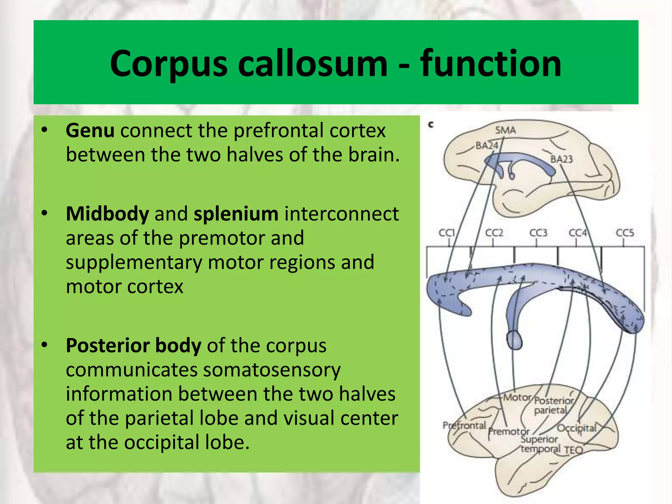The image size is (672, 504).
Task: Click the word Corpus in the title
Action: pyautogui.click(x=168, y=64)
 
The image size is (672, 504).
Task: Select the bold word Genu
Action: pyautogui.click(x=90, y=131)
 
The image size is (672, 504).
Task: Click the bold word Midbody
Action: pyautogui.click(x=107, y=214)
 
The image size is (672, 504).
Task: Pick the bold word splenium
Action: pyautogui.click(x=236, y=214)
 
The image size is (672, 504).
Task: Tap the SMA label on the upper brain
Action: pyautogui.click(x=505, y=130)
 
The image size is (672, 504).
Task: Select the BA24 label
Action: pyautogui.click(x=487, y=145)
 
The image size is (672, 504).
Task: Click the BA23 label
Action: pyautogui.click(x=561, y=159)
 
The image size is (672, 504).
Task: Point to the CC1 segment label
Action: pyautogui.click(x=447, y=233)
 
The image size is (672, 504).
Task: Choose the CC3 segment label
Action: pyautogui.click(x=538, y=233)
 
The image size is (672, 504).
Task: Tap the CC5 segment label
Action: pyautogui.click(x=625, y=233)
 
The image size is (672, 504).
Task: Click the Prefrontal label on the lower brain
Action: pyautogui.click(x=464, y=425)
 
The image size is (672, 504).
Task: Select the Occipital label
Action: pyautogui.click(x=577, y=428)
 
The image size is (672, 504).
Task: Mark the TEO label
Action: pyautogui.click(x=574, y=450)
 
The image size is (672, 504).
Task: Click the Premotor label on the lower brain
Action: pyautogui.click(x=509, y=431)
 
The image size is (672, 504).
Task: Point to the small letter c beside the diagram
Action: pyautogui.click(x=431, y=125)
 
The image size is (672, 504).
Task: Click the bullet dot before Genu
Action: pyautogui.click(x=45, y=130)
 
